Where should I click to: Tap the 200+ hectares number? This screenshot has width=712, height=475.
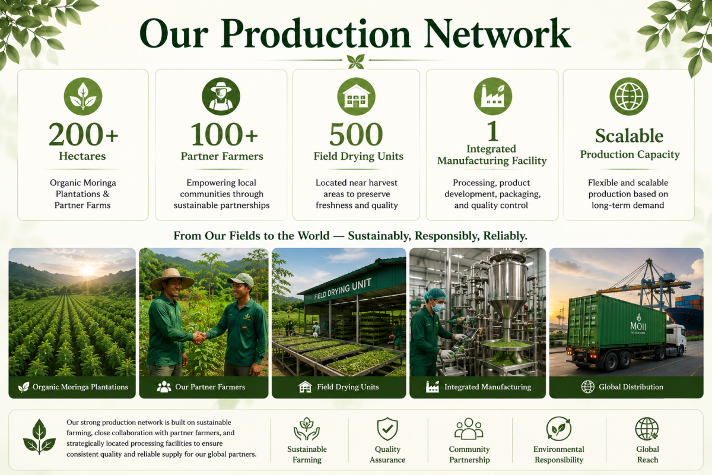click(x=83, y=134)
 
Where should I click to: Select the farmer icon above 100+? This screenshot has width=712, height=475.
click(x=221, y=96)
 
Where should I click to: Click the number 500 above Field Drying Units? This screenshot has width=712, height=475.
click(x=356, y=134)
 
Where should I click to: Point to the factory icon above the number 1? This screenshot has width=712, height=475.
click(x=492, y=96)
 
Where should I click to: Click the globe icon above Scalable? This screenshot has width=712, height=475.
click(x=629, y=96)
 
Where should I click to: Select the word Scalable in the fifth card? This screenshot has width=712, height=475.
click(x=630, y=136)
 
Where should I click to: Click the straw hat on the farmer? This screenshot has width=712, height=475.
click(x=171, y=279)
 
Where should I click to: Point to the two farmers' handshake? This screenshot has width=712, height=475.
click(x=199, y=337)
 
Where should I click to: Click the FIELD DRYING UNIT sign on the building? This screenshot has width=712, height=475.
click(x=342, y=289)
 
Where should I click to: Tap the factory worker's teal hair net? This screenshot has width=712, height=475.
click(x=435, y=294)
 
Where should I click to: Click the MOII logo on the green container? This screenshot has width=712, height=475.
click(x=638, y=324)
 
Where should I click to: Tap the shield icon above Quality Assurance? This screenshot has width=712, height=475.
click(x=387, y=429)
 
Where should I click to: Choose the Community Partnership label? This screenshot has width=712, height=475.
click(x=469, y=454)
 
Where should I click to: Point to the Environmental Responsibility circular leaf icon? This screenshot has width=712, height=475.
click(x=558, y=429)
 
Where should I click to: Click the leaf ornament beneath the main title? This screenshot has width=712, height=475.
click(x=355, y=61)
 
